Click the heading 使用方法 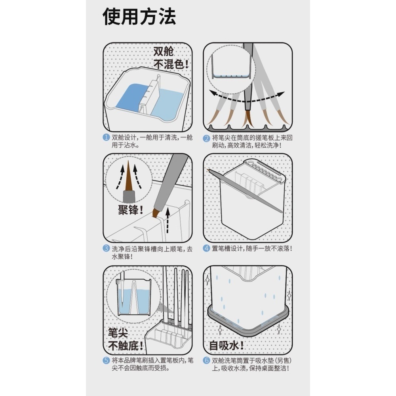(139, 16)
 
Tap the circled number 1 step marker (106, 138)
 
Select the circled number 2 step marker (206, 138)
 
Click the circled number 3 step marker (106, 249)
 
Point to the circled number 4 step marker (206, 249)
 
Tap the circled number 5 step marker (106, 360)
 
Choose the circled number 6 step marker (206, 360)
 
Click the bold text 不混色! (171, 64)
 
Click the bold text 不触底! (125, 345)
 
